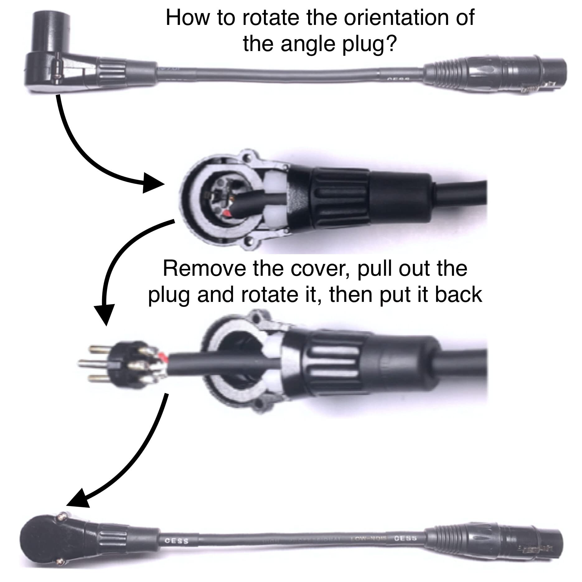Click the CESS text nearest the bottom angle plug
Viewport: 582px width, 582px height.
point(177,541)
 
